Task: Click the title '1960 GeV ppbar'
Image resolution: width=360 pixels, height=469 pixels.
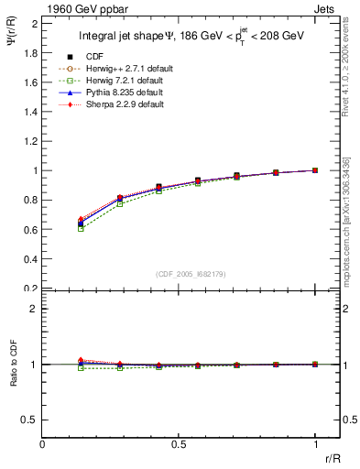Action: (x=82, y=8)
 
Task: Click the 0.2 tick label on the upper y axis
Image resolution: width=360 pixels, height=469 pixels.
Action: (x=29, y=288)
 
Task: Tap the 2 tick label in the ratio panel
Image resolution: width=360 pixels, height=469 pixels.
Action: (x=34, y=309)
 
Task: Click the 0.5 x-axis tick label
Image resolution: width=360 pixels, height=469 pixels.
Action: (x=179, y=442)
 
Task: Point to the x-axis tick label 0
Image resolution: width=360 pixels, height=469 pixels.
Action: (x=43, y=442)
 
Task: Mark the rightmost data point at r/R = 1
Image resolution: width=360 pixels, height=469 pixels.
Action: (x=315, y=170)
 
